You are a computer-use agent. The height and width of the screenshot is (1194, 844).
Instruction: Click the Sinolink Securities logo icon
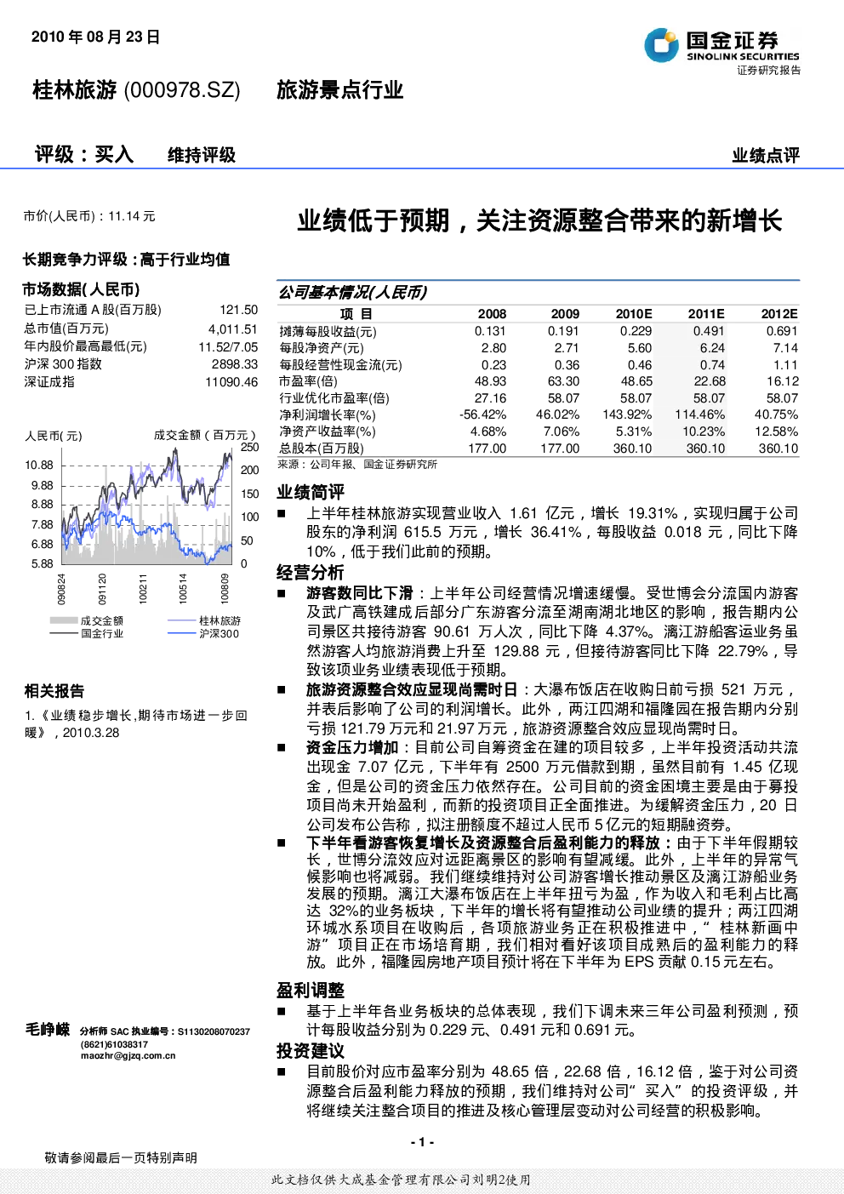[661, 45]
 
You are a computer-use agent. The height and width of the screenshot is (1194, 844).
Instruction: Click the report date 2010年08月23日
[96, 37]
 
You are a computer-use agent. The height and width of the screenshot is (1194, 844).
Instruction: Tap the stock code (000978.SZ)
[182, 90]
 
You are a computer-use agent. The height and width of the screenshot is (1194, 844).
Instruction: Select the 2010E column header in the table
[634, 314]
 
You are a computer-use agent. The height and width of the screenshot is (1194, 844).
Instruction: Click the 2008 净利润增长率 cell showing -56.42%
[482, 414]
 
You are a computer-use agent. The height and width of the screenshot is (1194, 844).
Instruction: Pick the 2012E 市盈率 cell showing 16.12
[782, 381]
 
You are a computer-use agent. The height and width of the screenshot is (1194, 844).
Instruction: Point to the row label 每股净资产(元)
[322, 349]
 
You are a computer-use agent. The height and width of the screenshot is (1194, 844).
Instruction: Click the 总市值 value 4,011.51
[233, 329]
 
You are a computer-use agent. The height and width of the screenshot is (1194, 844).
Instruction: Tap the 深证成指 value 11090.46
[231, 382]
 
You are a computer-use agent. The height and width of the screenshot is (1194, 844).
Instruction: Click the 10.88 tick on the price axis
[39, 465]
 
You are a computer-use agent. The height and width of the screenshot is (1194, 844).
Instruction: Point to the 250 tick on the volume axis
[250, 447]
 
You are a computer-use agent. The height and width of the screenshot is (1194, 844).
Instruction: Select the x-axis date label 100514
[183, 588]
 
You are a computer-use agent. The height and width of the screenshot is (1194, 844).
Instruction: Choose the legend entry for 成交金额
[86, 620]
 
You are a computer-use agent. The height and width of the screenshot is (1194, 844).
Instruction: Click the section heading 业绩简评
[310, 492]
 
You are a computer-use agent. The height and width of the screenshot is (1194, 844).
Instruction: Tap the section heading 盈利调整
[310, 991]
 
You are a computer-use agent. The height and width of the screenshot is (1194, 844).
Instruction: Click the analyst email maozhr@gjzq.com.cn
[128, 1055]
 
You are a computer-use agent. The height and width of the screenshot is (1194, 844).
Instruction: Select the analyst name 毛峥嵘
[48, 1029]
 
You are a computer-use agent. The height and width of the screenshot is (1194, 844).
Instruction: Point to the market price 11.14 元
[132, 216]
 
